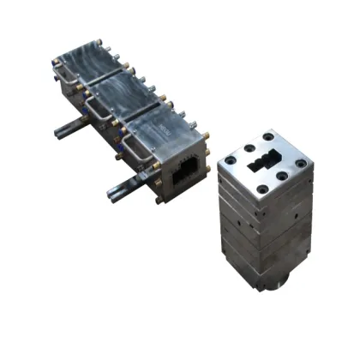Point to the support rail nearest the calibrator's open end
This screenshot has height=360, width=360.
point(120,188)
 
